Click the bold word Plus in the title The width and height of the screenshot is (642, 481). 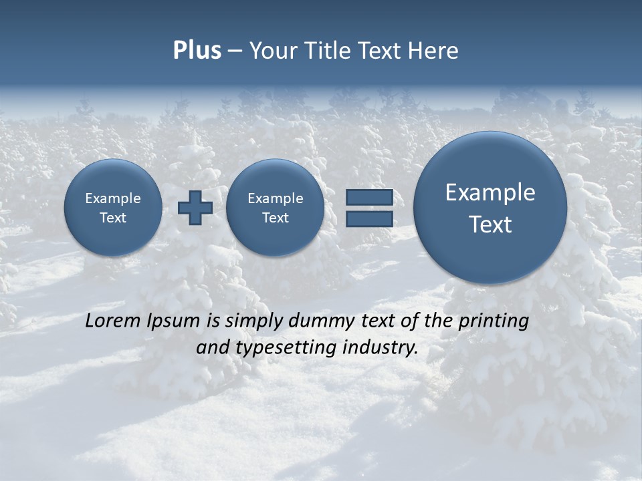(x=197, y=51)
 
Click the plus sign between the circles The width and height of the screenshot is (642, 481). (x=195, y=207)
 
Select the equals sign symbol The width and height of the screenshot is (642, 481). (x=369, y=208)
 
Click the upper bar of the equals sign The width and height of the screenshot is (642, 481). (x=369, y=197)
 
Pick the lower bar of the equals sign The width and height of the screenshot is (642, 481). (x=369, y=218)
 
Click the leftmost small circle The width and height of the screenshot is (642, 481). (x=113, y=208)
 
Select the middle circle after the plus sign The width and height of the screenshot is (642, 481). (x=275, y=208)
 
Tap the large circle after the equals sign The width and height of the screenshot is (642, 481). (x=490, y=208)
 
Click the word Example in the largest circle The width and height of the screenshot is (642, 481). (x=490, y=192)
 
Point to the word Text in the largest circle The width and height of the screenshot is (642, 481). (x=490, y=224)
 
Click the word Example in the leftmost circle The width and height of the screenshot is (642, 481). (x=113, y=198)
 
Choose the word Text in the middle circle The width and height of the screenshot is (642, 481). (x=275, y=218)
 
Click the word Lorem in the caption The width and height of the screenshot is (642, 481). (x=112, y=321)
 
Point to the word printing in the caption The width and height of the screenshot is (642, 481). (x=493, y=321)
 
